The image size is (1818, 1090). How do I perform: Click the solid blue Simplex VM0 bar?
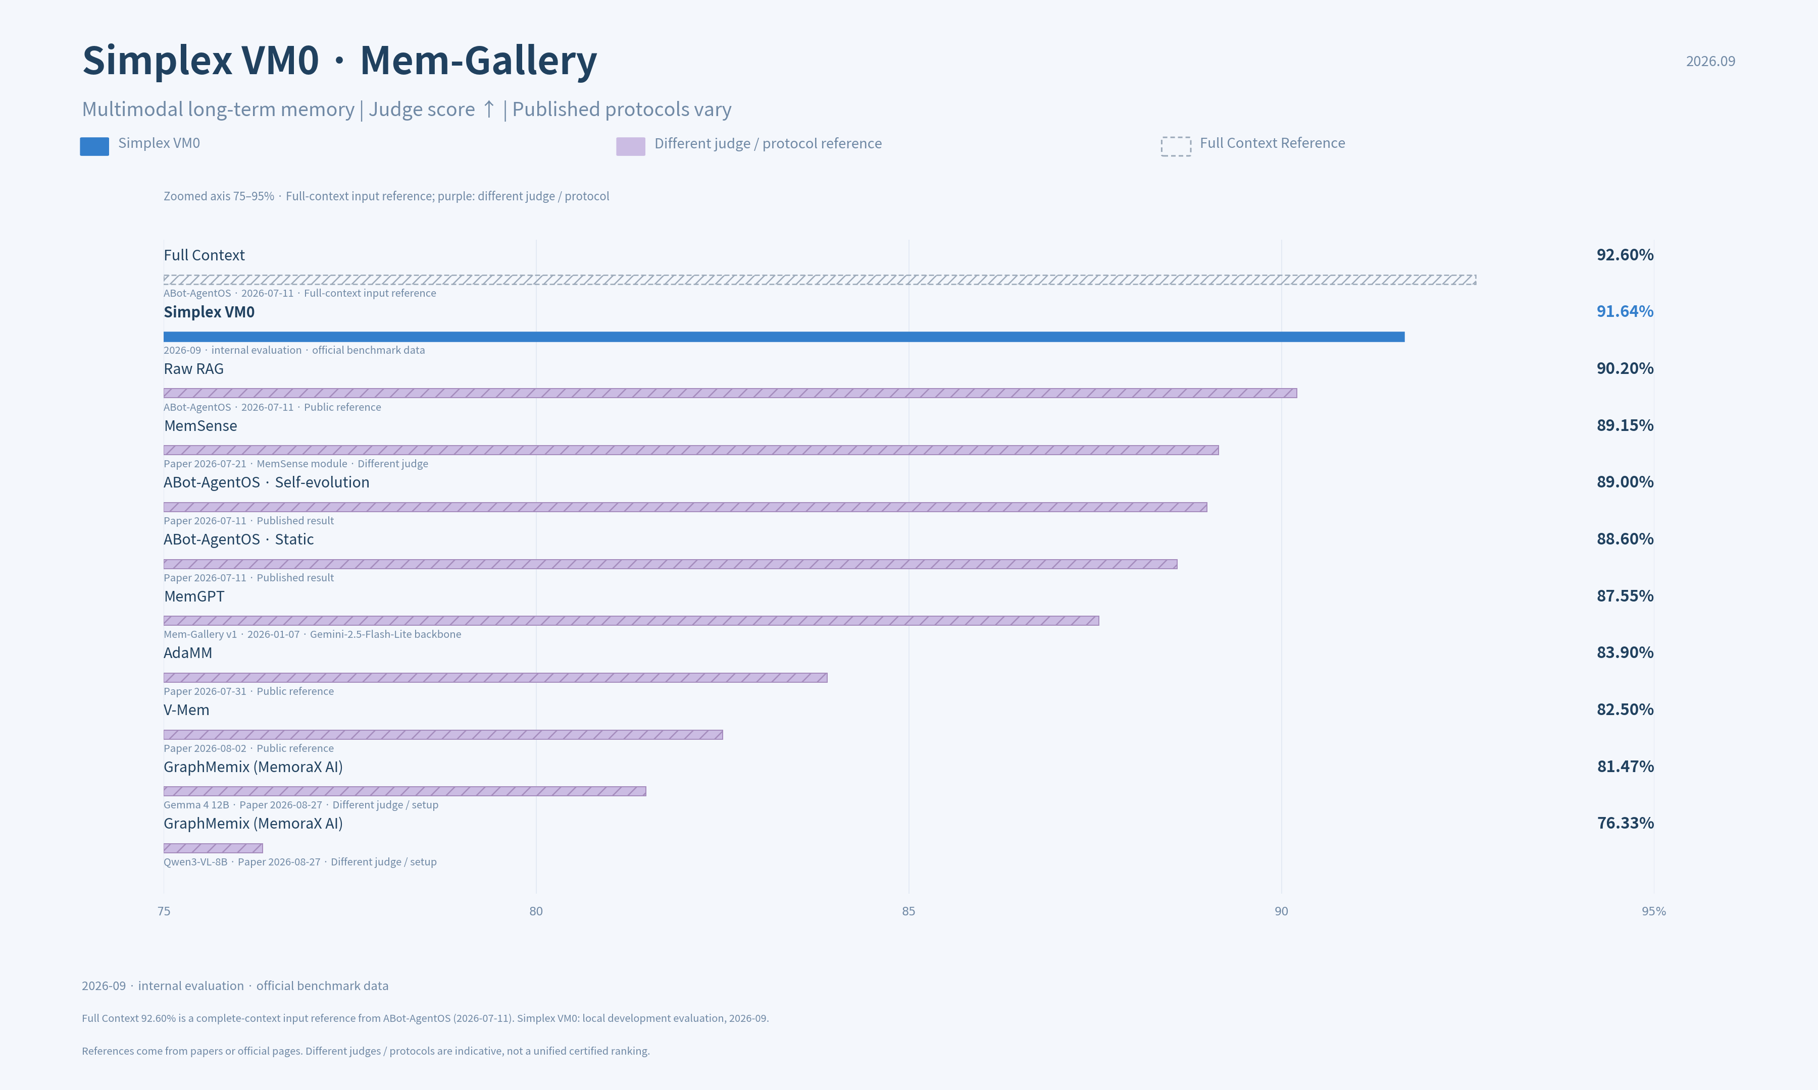[x=784, y=337]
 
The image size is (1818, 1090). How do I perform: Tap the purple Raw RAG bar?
[x=730, y=393]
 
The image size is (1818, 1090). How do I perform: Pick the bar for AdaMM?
[x=495, y=677]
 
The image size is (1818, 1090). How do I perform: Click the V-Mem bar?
[x=443, y=735]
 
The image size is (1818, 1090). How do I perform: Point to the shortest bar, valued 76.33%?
[x=213, y=848]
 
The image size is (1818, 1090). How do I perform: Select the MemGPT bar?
[x=631, y=621]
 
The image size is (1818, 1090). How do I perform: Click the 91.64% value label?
[x=1625, y=311]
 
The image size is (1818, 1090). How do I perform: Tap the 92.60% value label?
[x=1625, y=255]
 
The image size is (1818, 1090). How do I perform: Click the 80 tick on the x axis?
[x=536, y=911]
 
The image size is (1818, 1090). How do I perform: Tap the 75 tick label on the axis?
[x=164, y=911]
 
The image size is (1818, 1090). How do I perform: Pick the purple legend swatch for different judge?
[x=631, y=146]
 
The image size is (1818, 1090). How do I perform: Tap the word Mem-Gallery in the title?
[x=478, y=61]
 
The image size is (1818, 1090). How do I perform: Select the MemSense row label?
[x=200, y=426]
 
